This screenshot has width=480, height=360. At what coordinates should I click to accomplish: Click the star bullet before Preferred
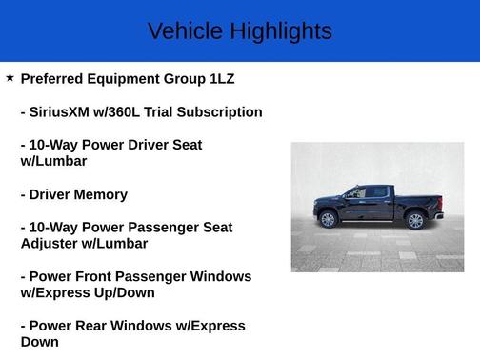10,77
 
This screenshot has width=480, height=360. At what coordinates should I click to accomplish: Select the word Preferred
55,79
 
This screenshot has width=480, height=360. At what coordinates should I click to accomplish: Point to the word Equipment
137,79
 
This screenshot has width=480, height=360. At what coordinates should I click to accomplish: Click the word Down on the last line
39,342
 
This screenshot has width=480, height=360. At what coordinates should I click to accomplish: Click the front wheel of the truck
329,219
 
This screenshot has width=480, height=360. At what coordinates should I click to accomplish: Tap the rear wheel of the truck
414,220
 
